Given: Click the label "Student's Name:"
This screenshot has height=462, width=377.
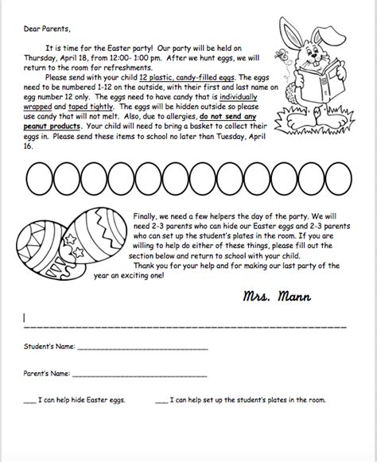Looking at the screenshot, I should coord(49,346).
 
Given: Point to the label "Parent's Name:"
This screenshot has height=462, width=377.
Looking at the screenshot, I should coord(47,371).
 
